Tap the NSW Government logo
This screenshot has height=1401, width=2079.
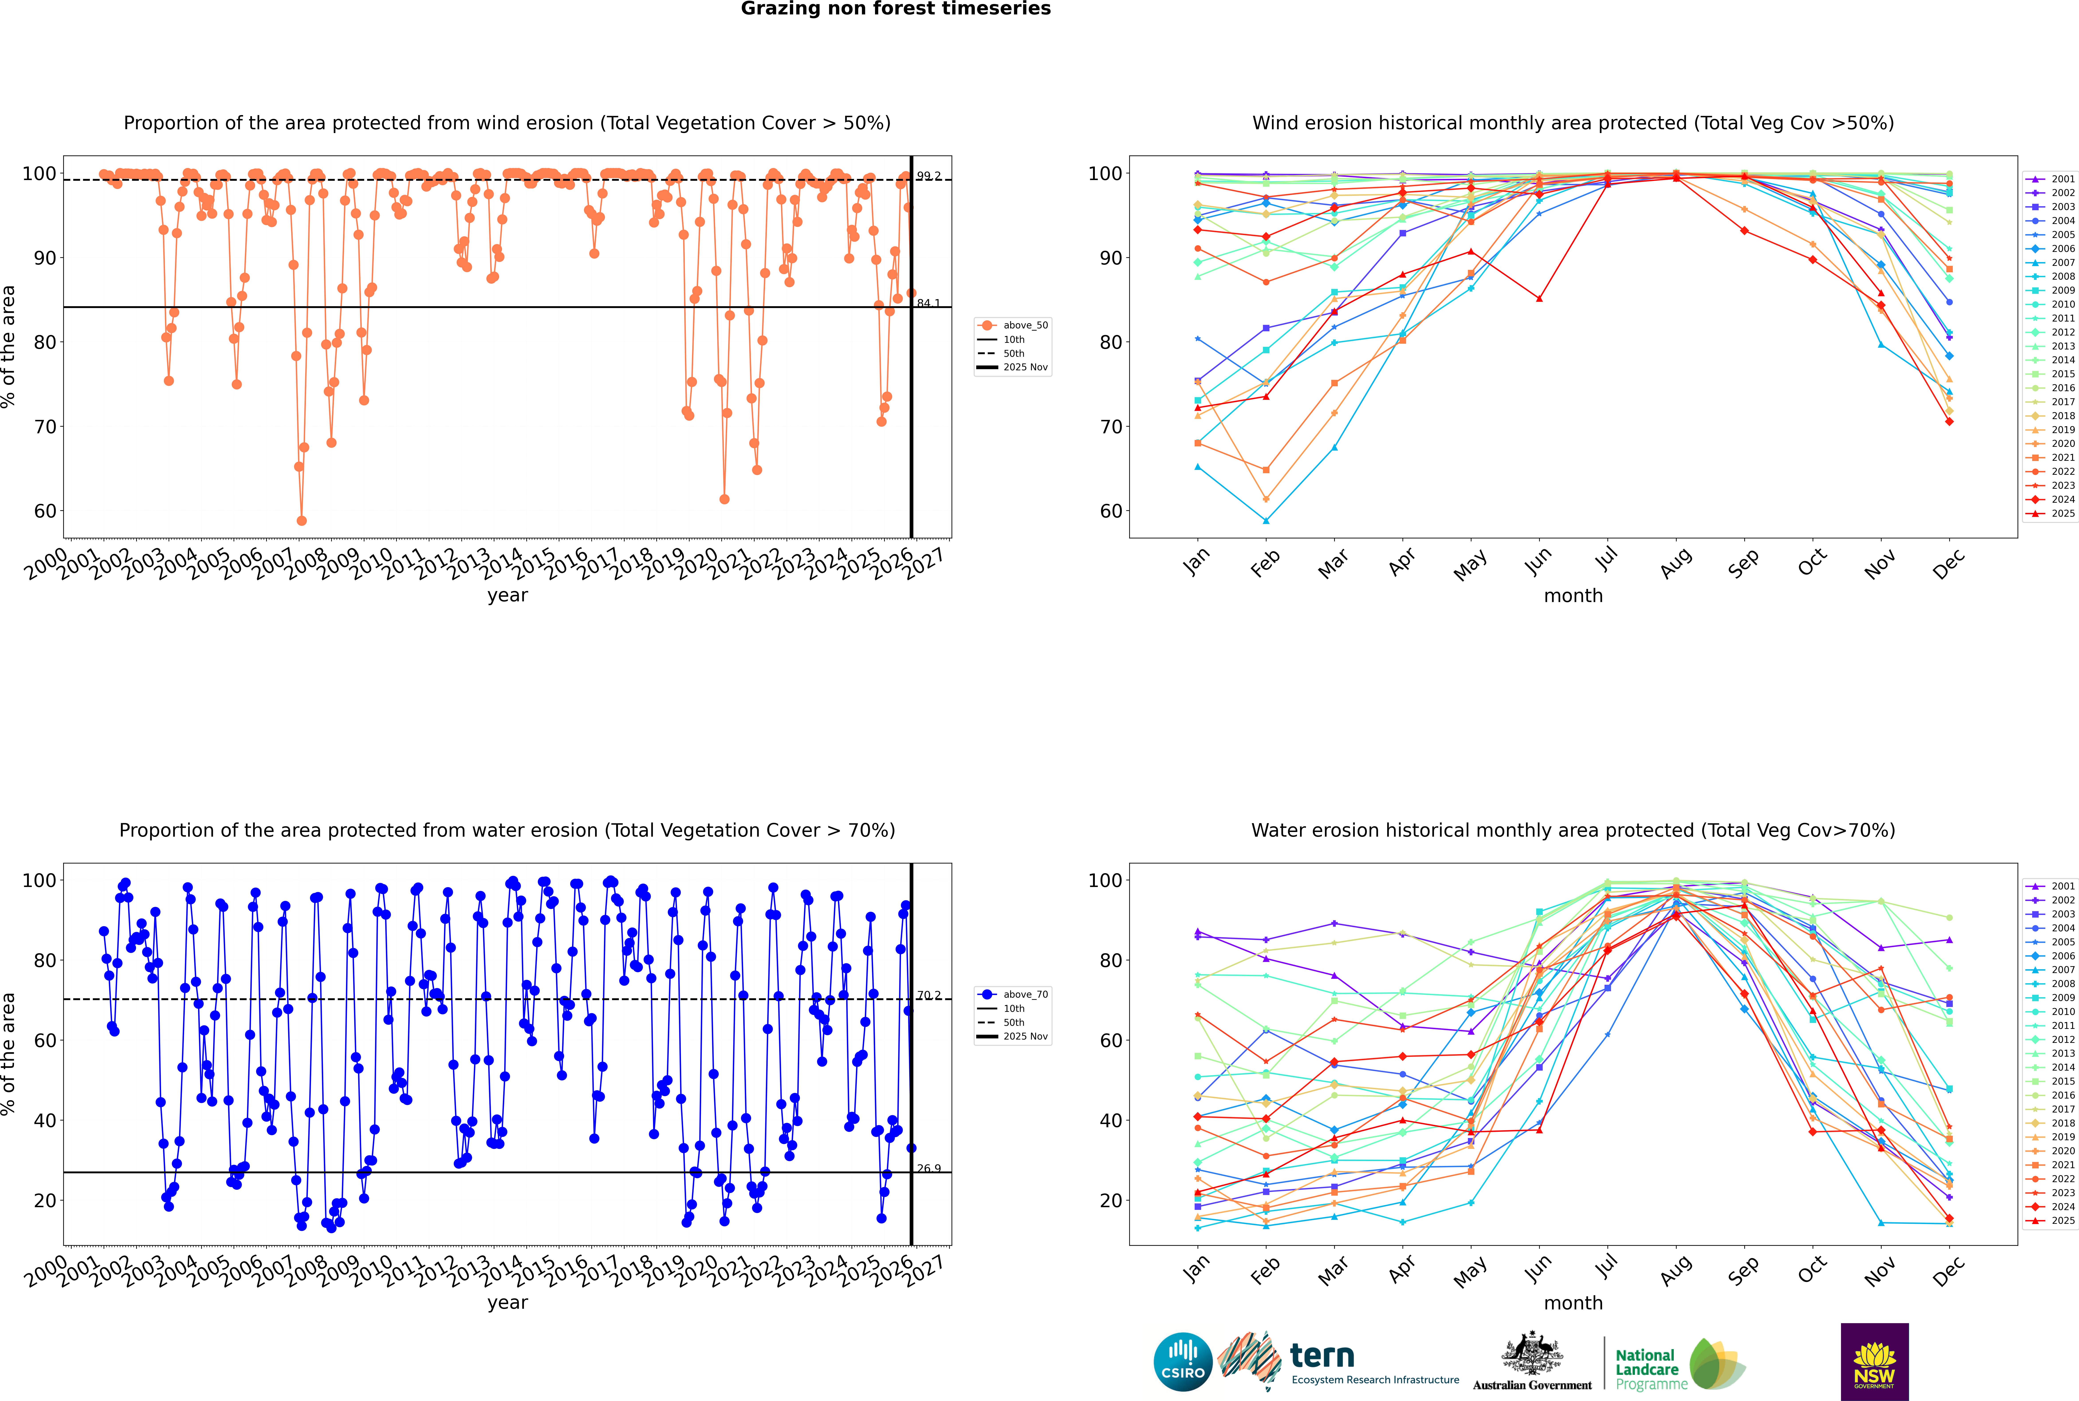(x=1874, y=1361)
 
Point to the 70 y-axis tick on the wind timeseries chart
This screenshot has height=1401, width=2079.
(x=45, y=427)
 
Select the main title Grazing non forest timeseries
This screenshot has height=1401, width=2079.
(x=896, y=9)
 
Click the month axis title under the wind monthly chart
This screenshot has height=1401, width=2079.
(x=1573, y=596)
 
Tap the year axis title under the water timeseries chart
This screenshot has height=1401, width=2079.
(x=508, y=1303)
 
